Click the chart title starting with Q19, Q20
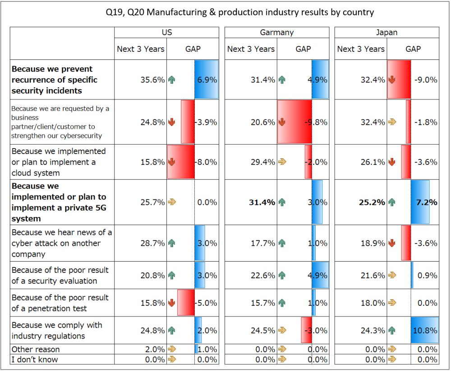coord(239,12)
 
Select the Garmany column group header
coord(276,32)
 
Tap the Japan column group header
coord(387,32)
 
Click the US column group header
coord(166,32)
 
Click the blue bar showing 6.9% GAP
coord(206,80)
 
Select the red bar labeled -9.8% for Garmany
coord(294,122)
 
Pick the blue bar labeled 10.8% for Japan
coord(424,330)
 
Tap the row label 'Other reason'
coord(36,349)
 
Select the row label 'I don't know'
coord(35,359)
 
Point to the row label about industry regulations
coord(57,330)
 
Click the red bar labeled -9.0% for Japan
coord(399,80)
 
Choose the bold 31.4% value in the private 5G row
coord(262,202)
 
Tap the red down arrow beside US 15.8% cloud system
coord(171,162)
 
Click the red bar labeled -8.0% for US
coord(181,162)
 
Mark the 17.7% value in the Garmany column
coord(263,243)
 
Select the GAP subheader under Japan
coord(413,49)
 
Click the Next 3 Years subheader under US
coord(141,49)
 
